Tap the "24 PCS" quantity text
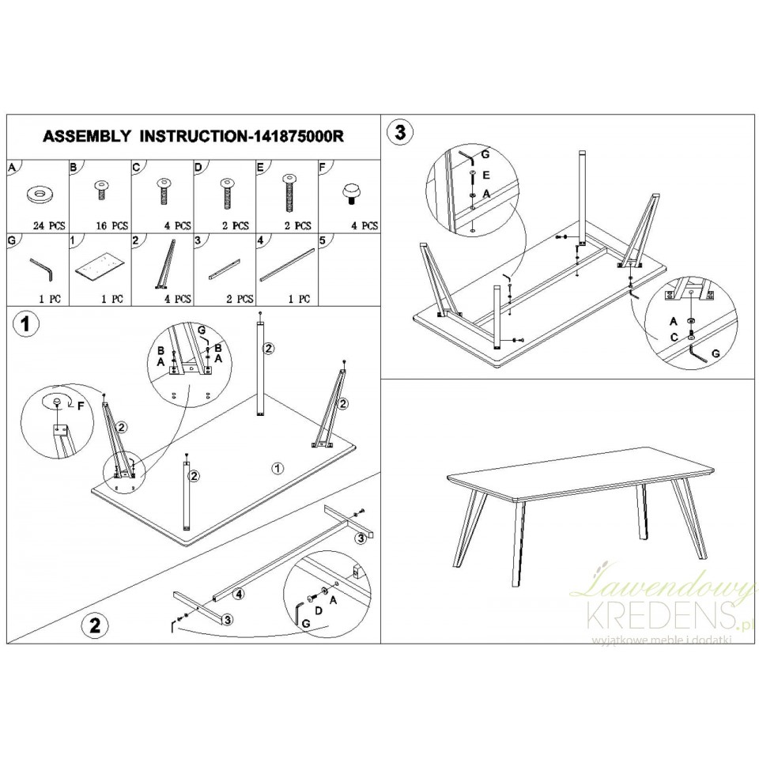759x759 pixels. [x=49, y=225]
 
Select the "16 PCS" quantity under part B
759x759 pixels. [x=111, y=225]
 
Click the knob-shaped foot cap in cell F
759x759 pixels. [x=350, y=193]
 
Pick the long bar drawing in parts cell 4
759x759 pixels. [x=287, y=265]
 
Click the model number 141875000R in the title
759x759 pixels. [x=296, y=137]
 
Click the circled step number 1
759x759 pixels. [x=25, y=324]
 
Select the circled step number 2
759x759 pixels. [x=94, y=625]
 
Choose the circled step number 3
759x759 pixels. [x=400, y=132]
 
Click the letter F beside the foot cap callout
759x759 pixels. [x=81, y=405]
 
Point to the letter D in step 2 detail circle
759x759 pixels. [x=319, y=611]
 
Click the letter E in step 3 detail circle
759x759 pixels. [x=487, y=174]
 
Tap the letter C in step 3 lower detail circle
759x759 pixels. [x=674, y=338]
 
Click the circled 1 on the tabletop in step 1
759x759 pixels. [x=278, y=468]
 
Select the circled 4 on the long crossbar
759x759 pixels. [x=239, y=594]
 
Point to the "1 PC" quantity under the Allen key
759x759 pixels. [x=50, y=299]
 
